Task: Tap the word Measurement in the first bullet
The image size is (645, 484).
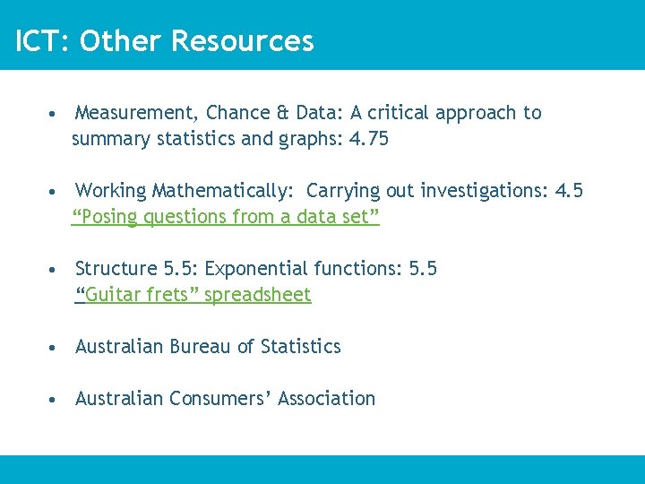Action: [134, 113]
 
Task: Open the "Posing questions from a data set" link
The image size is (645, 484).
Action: [226, 217]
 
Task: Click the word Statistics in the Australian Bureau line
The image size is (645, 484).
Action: [301, 347]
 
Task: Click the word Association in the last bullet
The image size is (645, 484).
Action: [327, 399]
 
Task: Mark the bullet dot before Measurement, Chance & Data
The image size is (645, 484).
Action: [56, 114]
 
